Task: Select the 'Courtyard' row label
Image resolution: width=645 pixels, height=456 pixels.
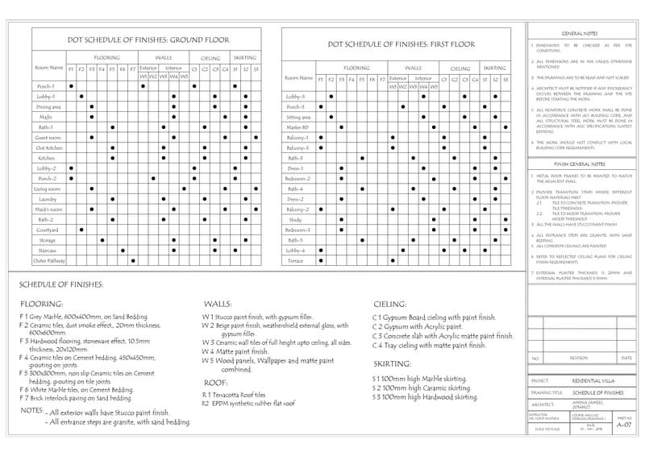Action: pos(47,230)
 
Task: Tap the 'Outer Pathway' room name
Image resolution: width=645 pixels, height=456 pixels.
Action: pos(48,261)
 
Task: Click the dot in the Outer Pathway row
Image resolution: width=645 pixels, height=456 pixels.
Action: pos(132,261)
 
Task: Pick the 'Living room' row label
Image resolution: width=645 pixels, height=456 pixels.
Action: pos(47,189)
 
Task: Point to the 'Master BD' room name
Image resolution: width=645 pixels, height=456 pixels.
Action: pos(298,127)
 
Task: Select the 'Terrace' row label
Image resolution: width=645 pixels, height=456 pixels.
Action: pos(296,261)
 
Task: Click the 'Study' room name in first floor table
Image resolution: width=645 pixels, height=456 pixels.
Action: pos(295,219)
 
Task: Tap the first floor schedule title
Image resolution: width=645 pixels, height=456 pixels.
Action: pos(402,44)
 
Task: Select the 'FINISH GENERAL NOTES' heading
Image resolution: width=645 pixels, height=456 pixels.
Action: pos(580,163)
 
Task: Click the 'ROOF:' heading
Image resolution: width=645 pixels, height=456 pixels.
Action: pos(214,383)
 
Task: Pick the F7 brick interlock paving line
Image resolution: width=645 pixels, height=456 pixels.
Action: pos(76,398)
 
